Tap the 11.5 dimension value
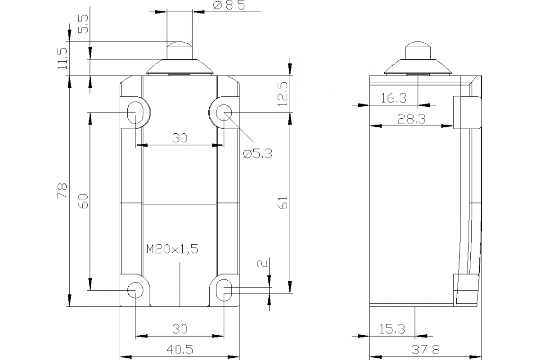pos(63,58)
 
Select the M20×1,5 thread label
pos(172,249)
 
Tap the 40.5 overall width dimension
pos(179,349)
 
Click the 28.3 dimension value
pos(411,119)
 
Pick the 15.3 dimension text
pos(392,329)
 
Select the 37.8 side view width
pos(425,349)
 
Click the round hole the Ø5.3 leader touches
pos(224,112)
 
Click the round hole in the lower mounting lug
pos(135,289)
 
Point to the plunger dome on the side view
pos(418,50)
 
